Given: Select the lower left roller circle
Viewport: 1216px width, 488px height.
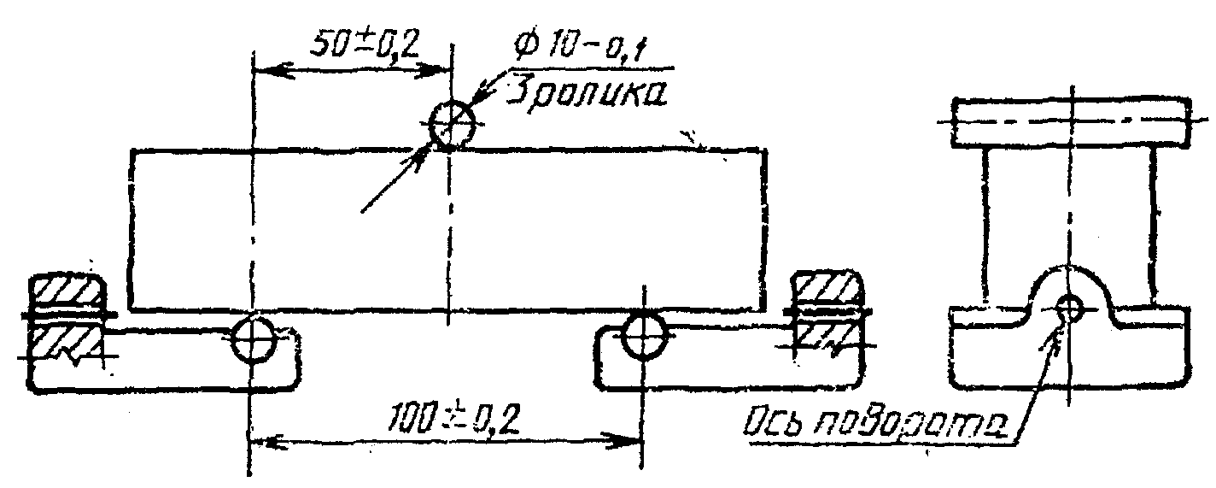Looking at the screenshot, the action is click(x=254, y=338).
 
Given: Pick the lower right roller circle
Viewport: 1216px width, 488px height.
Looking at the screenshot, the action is click(x=643, y=335).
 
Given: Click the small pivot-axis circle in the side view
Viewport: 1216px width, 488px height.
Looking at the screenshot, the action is click(x=1069, y=305).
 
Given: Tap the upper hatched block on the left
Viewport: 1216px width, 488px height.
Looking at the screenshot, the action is click(x=67, y=292).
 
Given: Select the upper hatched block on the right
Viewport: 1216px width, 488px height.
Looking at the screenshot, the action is click(x=827, y=290).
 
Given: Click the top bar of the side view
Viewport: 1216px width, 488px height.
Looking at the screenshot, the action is click(x=1071, y=121).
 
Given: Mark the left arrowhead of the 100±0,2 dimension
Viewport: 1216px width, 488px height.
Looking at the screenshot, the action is click(x=261, y=442).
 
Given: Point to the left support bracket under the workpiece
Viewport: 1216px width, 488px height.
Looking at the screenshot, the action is click(x=171, y=363).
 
